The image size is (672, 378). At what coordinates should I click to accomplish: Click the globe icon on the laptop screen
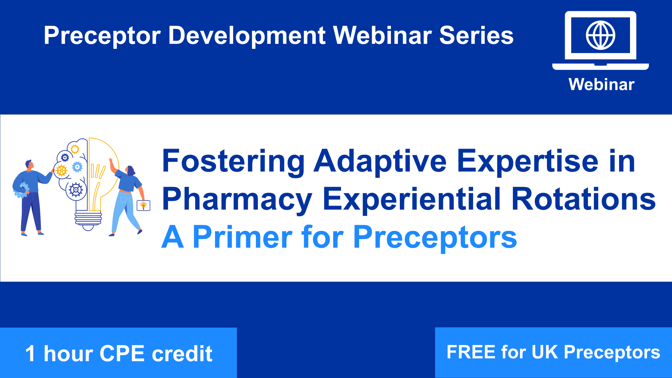600,35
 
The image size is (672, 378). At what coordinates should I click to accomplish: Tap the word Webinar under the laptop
601,84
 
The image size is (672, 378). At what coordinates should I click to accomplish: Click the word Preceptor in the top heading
102,36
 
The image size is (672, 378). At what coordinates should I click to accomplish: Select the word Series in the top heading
476,36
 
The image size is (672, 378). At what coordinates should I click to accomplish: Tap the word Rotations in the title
584,199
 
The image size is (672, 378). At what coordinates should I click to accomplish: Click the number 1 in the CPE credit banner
31,353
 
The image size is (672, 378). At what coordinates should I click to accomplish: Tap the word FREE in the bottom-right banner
471,352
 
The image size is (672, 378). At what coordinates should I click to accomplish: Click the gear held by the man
21,190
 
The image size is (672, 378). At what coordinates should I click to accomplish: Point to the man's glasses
31,164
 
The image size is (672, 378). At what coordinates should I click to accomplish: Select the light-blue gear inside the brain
77,167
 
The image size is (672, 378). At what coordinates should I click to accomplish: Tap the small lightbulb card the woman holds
143,206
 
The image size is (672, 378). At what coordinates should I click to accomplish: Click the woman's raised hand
111,162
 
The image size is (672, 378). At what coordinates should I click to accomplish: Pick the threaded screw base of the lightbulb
88,218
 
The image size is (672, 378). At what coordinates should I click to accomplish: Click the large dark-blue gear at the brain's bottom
76,190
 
